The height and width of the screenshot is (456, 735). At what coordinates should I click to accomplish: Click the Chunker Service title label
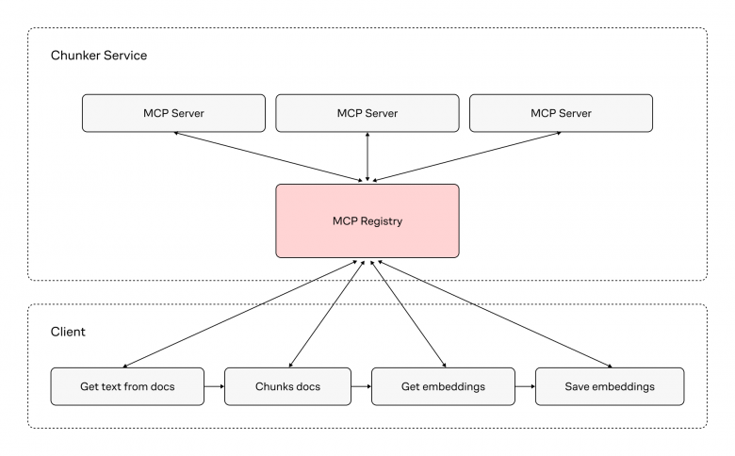[98, 56]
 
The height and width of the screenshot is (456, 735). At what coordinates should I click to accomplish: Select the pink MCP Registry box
[367, 220]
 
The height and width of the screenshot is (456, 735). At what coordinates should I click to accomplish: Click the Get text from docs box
[126, 386]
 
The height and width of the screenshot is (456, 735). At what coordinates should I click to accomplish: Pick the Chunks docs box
[288, 386]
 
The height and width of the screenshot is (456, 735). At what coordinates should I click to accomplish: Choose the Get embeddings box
[443, 386]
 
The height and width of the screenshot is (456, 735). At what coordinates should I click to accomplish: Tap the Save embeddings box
[609, 386]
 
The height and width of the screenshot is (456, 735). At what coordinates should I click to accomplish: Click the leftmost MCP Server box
[173, 113]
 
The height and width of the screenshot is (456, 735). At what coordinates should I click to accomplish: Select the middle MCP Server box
[367, 113]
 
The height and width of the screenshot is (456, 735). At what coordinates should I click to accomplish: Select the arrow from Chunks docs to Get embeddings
[361, 386]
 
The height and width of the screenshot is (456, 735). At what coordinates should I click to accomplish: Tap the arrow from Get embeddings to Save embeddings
[524, 386]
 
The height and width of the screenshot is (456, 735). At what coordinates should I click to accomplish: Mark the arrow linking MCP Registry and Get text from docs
[239, 314]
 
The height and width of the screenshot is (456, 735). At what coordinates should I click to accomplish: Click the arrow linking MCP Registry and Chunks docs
[322, 314]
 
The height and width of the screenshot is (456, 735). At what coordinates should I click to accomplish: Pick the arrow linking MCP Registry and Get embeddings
[407, 314]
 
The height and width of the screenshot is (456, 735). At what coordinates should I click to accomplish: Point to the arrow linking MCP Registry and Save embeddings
[491, 314]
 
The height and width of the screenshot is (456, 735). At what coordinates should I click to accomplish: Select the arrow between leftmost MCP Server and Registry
[269, 155]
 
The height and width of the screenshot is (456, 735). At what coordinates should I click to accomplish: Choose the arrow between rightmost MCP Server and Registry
[465, 155]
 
